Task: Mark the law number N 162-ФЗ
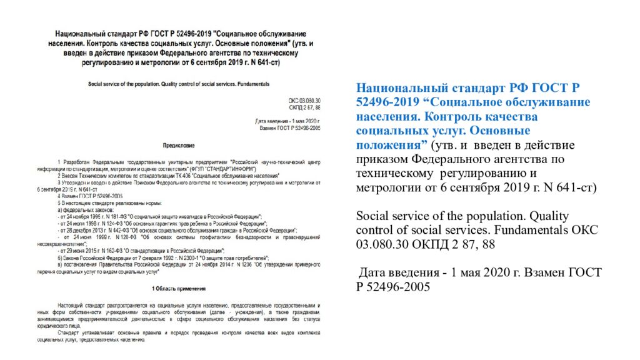pyautogui.click(x=104, y=252)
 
